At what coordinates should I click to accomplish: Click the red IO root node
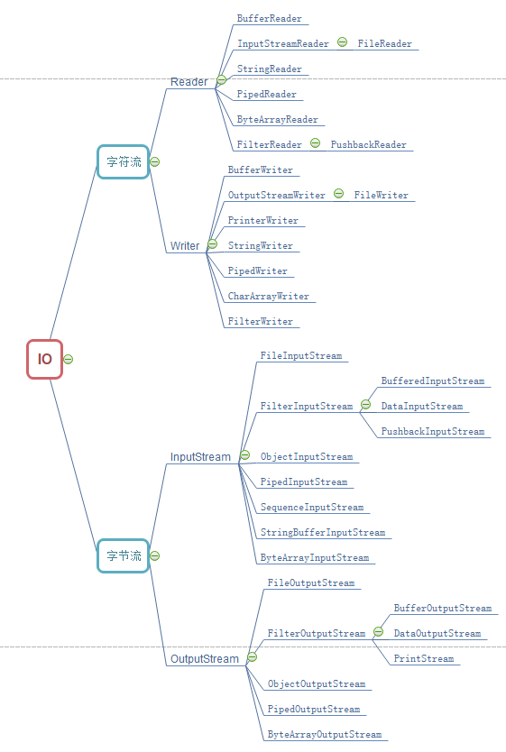click(44, 359)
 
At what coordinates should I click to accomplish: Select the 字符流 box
click(124, 162)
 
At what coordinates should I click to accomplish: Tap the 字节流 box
click(124, 555)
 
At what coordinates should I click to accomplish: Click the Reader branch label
click(189, 82)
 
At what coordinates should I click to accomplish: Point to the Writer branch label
click(185, 246)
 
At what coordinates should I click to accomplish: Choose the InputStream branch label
click(200, 457)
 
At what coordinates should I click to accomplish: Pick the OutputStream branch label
click(205, 659)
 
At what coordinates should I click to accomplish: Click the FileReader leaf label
click(384, 43)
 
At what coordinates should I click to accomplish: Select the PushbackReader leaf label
click(368, 144)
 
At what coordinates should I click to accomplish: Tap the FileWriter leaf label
click(382, 195)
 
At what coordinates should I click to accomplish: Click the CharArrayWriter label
click(269, 297)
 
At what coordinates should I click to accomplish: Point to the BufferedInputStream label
click(433, 381)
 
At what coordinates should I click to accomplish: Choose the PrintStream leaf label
click(424, 658)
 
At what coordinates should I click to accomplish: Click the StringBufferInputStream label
click(323, 532)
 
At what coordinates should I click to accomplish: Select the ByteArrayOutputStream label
click(325, 734)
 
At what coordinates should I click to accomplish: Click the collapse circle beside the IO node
click(69, 359)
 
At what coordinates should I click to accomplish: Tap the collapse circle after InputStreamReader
click(342, 42)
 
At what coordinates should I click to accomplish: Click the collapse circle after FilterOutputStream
click(379, 631)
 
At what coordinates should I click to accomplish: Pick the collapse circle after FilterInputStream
click(365, 405)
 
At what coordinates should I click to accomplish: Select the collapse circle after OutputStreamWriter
click(338, 193)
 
